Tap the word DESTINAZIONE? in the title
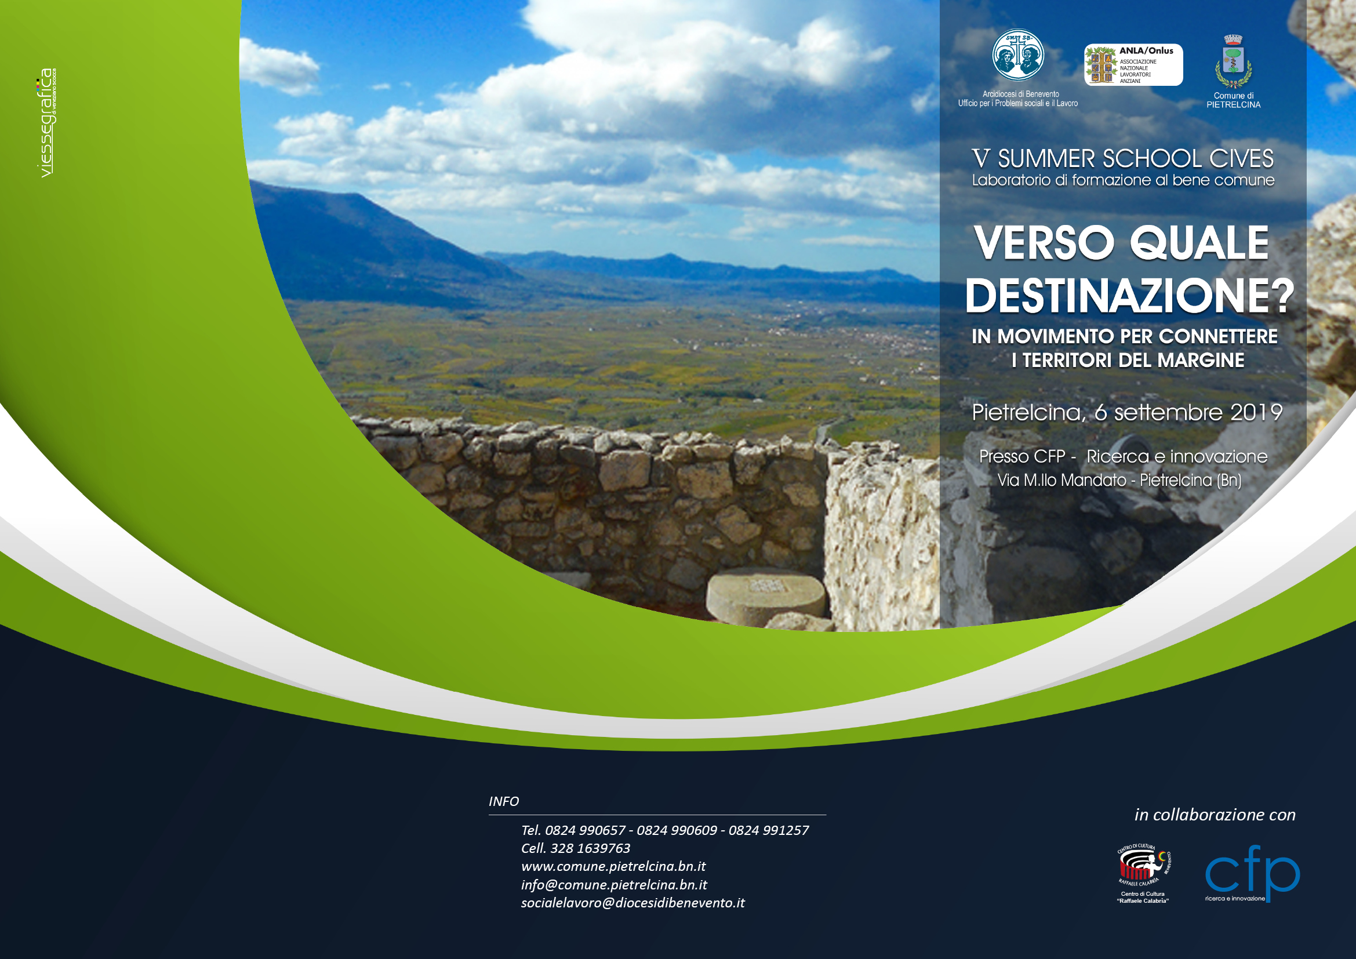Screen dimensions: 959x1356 tap(1129, 296)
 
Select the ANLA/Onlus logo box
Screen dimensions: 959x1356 tap(1133, 65)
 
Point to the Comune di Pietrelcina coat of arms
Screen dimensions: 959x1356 tap(1233, 61)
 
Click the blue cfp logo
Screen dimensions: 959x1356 tap(1252, 872)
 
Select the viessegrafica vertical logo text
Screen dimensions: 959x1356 tap(46, 123)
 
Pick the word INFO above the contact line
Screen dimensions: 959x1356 tap(504, 801)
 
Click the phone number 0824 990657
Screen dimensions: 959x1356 tap(585, 830)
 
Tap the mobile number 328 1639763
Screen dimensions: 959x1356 tap(590, 849)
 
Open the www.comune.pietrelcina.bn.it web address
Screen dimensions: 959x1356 tap(613, 866)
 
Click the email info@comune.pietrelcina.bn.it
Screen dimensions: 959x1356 tap(613, 885)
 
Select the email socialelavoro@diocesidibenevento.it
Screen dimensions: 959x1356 tap(632, 903)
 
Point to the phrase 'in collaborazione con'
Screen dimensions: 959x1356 tap(1215, 815)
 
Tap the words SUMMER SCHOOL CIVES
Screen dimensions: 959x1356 tap(1136, 159)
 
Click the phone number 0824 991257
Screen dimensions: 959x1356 tap(768, 830)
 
